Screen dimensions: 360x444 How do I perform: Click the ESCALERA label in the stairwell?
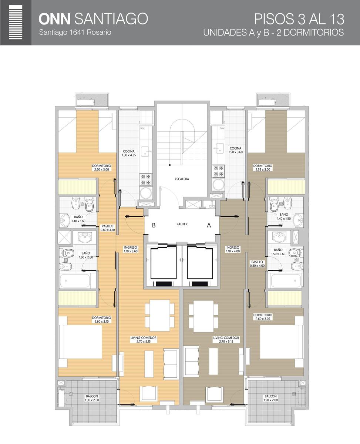pyautogui.click(x=182, y=179)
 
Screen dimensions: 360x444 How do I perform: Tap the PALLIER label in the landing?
pyautogui.click(x=182, y=224)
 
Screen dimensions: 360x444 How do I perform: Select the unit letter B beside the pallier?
pyautogui.click(x=154, y=225)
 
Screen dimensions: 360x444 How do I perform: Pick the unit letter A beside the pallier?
pyautogui.click(x=209, y=225)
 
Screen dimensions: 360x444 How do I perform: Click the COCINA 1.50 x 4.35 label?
pyautogui.click(x=129, y=153)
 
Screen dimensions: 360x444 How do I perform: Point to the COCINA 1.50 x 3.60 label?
pyautogui.click(x=236, y=150)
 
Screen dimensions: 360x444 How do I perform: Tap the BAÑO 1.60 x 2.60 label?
pyautogui.click(x=86, y=255)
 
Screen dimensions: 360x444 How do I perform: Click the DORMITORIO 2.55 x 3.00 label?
pyautogui.click(x=263, y=168)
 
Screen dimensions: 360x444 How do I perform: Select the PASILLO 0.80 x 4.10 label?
pyautogui.click(x=108, y=228)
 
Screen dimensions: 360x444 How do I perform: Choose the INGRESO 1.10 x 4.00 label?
pyautogui.click(x=233, y=249)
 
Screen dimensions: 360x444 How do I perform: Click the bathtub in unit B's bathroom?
pyautogui.click(x=75, y=281)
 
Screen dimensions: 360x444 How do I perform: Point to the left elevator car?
pyautogui.click(x=164, y=263)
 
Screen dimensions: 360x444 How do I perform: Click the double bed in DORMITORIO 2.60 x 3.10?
pyautogui.click(x=80, y=342)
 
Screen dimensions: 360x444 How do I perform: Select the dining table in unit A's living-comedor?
pyautogui.click(x=203, y=316)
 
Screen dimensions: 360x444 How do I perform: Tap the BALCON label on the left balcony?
pyautogui.click(x=92, y=396)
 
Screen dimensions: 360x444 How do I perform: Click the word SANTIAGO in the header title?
pyautogui.click(x=111, y=19)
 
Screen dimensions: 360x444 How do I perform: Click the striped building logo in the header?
pyautogui.click(x=16, y=22)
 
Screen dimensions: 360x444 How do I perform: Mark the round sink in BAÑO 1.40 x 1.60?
pyautogui.click(x=65, y=220)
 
